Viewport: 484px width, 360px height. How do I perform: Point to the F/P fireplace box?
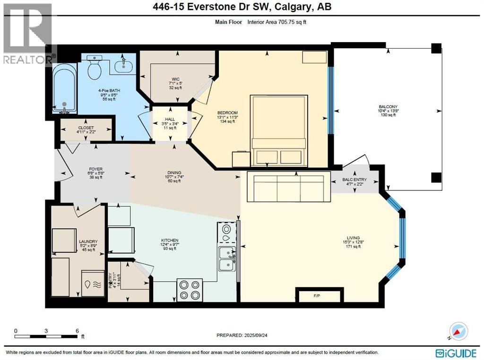318,295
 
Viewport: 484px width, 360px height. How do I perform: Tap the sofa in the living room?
288,187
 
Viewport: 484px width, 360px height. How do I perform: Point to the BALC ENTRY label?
354,180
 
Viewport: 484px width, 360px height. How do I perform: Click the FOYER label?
96,169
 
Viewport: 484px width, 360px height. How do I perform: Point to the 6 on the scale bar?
77,331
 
